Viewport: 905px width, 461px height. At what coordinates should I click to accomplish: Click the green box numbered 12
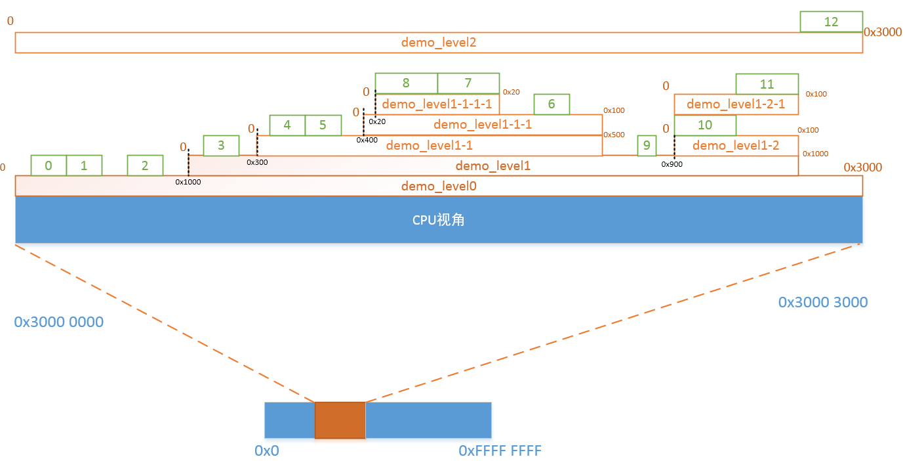[831, 22]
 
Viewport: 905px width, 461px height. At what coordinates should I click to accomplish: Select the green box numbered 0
[49, 165]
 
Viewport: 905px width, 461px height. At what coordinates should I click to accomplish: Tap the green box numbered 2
[145, 165]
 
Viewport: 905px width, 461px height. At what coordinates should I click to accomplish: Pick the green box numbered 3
[221, 146]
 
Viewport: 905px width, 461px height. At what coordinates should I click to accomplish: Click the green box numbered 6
[552, 104]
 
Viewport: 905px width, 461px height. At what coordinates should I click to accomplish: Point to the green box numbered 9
[647, 146]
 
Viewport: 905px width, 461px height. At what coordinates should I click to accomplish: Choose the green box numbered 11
[767, 84]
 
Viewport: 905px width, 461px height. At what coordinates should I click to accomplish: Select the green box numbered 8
[406, 83]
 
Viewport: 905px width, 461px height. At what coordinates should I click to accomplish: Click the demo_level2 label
[438, 43]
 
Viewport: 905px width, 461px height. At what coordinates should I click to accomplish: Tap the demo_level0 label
[438, 187]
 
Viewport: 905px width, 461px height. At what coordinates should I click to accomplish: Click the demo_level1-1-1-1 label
[437, 104]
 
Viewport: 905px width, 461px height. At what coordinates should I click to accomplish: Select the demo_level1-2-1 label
[736, 104]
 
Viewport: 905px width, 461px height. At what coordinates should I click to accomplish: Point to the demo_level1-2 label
[736, 145]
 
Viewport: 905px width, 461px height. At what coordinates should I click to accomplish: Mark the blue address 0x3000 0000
[58, 322]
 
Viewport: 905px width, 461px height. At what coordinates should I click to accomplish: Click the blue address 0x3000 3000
[822, 302]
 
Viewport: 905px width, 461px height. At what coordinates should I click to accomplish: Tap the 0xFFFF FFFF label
[500, 451]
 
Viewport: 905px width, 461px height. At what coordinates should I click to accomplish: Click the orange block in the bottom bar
[340, 420]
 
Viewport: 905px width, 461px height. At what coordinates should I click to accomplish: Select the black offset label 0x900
[672, 164]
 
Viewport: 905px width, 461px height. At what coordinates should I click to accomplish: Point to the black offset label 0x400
[367, 140]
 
